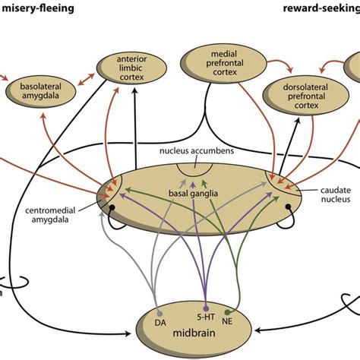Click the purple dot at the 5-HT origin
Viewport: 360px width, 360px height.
coord(205,310)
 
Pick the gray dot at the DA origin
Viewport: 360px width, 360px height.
coord(159,311)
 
